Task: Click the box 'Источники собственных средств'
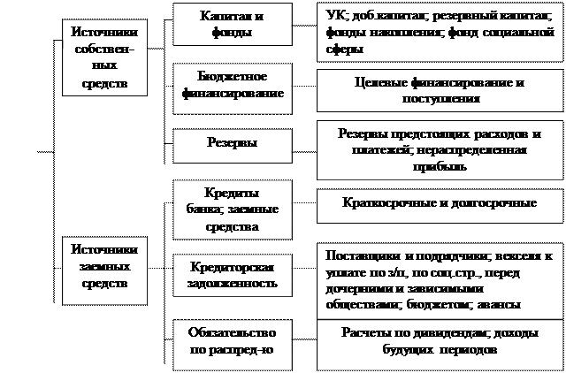103,56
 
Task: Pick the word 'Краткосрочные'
385,203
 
